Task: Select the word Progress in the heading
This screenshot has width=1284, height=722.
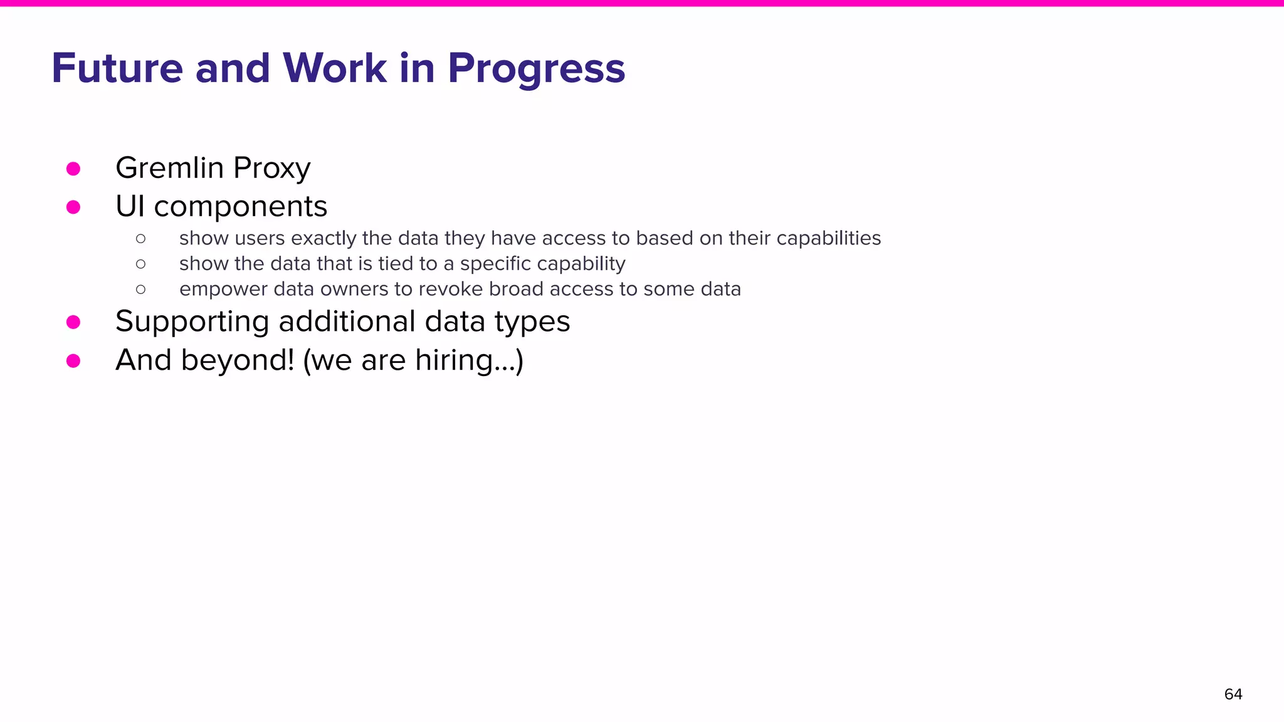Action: click(x=536, y=69)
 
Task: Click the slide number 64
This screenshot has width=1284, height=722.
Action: click(x=1233, y=694)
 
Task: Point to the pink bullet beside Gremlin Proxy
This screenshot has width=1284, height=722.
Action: click(x=73, y=169)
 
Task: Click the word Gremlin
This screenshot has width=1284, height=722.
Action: click(x=169, y=168)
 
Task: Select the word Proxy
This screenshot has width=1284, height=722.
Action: click(x=271, y=169)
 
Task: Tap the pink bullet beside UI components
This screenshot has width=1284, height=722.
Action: click(x=73, y=207)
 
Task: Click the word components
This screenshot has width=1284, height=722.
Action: click(x=240, y=207)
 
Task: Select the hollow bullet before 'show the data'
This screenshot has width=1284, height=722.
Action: click(x=140, y=264)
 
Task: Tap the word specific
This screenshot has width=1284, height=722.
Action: click(x=495, y=264)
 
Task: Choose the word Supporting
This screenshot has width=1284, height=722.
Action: click(x=192, y=322)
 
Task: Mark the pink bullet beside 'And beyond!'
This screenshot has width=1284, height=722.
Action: click(x=73, y=360)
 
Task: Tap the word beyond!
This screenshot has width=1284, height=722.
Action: click(x=238, y=360)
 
